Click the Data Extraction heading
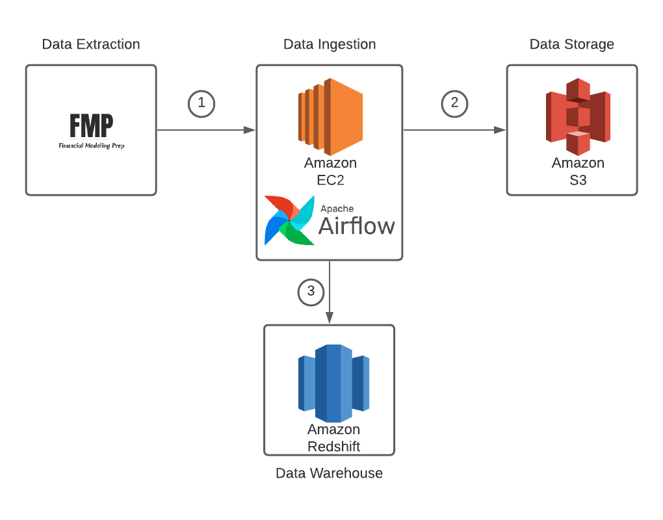point(91,45)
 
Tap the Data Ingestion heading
point(330,45)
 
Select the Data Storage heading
point(572,45)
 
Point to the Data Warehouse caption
point(329,473)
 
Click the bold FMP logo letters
point(91,125)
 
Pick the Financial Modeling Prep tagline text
point(91,146)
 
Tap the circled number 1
point(201,103)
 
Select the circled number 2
point(454,103)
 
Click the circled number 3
point(311,292)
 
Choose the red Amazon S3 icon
point(578,116)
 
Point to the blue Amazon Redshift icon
point(333,383)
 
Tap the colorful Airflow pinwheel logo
point(289,220)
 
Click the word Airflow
point(356,226)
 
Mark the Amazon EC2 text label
point(330,172)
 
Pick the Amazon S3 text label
point(578,172)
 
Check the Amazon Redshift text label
point(333,438)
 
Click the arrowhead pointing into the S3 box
point(500,130)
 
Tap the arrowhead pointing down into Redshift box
point(330,318)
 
